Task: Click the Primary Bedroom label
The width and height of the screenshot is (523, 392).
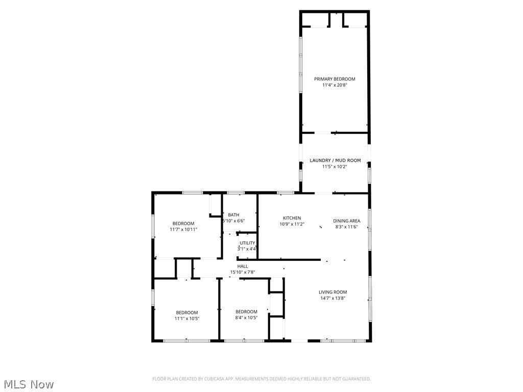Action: point(335,79)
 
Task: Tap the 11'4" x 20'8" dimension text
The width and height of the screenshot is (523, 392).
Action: point(335,85)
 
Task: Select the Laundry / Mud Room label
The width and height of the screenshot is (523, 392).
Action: point(335,160)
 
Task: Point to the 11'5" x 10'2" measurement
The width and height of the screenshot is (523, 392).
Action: point(335,166)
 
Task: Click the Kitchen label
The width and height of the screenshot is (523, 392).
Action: point(292,218)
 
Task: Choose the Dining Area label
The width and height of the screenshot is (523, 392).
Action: point(347,221)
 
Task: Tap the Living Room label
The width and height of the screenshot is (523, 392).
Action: point(333,292)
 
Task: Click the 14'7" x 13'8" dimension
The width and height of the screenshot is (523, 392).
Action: point(333,299)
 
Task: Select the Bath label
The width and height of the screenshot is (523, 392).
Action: point(234,215)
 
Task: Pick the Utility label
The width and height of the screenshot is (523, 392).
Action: point(248,243)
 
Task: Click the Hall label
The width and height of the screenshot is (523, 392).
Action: point(243,266)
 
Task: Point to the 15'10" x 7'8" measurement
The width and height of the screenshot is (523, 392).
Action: point(243,273)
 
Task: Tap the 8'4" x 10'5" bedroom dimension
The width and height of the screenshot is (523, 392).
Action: point(246,317)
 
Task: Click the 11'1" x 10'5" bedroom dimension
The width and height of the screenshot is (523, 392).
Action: point(187,318)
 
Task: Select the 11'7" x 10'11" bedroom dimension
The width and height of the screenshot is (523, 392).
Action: point(183,230)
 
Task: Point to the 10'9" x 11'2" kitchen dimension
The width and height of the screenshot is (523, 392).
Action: point(292,224)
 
